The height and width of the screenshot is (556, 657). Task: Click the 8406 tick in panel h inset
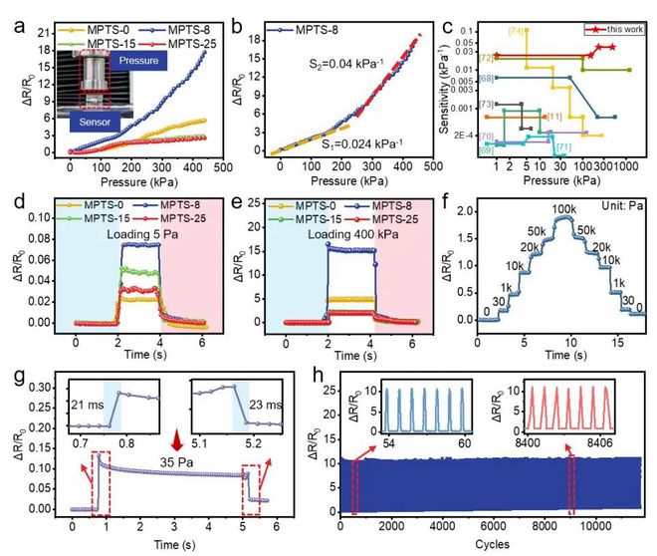tap(606, 441)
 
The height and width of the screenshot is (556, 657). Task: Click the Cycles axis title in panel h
tap(486, 544)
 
